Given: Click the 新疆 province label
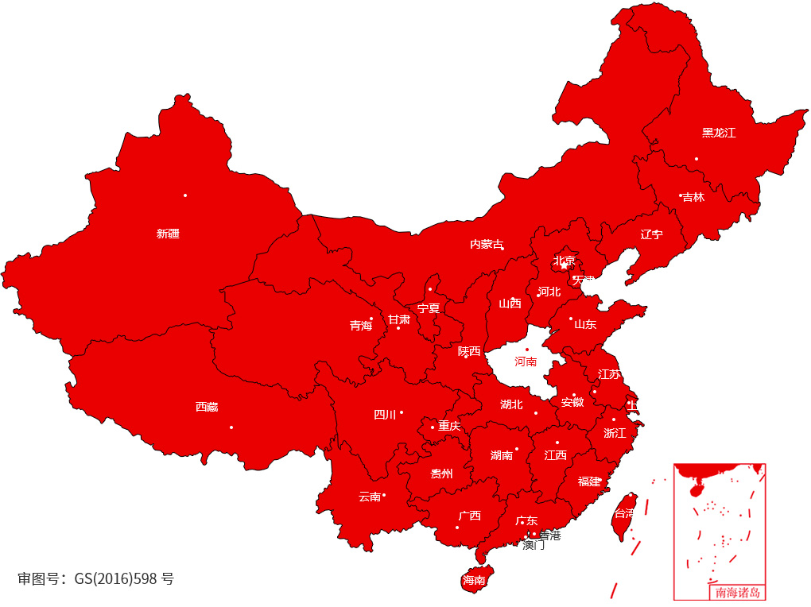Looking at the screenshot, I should [168, 234].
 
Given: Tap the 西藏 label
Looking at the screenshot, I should [207, 407].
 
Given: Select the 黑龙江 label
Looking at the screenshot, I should [719, 133].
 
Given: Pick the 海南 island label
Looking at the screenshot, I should [474, 580].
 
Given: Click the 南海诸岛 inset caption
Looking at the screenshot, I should [737, 592].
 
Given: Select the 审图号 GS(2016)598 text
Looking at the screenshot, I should [95, 578].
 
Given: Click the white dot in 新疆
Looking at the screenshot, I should [185, 195].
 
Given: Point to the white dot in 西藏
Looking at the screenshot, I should [231, 427].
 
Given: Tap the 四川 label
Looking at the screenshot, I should [385, 414].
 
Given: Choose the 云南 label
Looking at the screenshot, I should [369, 497].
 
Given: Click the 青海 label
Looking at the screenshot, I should [361, 325].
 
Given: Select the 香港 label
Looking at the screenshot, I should [550, 535].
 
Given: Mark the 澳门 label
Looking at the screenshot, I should [534, 546].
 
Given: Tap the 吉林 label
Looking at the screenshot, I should [693, 197].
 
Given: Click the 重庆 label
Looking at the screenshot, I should [449, 426].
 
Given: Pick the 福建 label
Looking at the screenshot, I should [589, 481].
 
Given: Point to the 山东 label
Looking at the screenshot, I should [585, 324].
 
